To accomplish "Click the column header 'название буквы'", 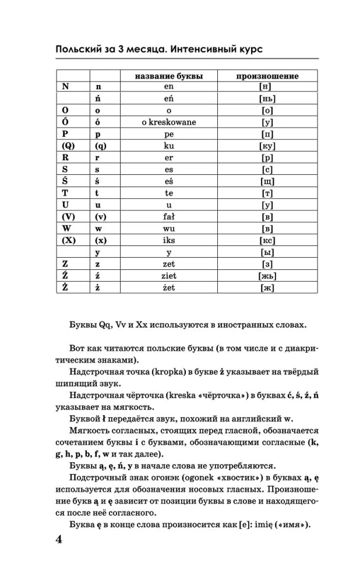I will (x=169, y=76).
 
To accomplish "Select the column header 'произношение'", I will (x=267, y=76).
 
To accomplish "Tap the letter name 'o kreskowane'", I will (x=169, y=122).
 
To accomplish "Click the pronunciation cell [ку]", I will (x=267, y=146).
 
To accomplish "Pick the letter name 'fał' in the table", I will (x=169, y=216).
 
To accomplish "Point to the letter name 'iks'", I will (x=169, y=240).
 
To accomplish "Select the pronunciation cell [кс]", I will (x=267, y=240).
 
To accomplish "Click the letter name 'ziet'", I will (x=169, y=275).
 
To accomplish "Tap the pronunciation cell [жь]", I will (x=267, y=275).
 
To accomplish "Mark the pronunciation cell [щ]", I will (x=267, y=181).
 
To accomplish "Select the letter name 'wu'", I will (x=169, y=228).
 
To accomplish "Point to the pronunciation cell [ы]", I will (x=267, y=252).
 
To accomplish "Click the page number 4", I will (x=58, y=539).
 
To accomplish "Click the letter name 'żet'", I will (x=169, y=287).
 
